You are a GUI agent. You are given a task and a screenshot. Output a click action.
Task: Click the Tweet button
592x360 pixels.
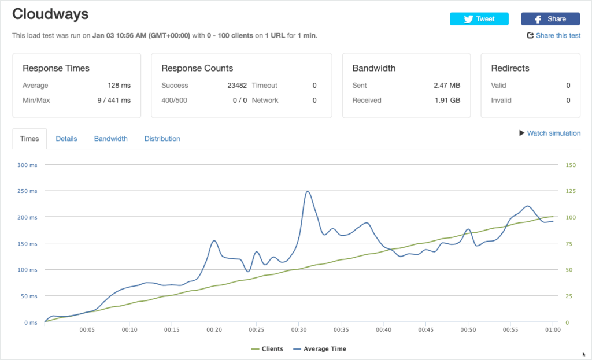pos(479,19)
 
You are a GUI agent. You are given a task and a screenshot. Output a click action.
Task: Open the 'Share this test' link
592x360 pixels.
pos(554,35)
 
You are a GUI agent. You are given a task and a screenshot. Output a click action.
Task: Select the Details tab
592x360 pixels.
pos(66,139)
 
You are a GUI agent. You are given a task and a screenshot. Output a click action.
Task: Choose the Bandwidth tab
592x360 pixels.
pos(110,139)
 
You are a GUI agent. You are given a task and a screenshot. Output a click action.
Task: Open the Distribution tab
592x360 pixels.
pos(162,139)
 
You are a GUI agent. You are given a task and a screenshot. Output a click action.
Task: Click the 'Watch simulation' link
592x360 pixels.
pos(550,133)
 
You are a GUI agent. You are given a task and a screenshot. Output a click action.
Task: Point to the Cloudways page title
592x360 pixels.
pos(50,14)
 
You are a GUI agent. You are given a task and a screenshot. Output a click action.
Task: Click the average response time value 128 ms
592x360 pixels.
pos(119,86)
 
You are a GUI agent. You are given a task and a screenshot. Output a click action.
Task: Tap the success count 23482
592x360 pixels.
pos(237,86)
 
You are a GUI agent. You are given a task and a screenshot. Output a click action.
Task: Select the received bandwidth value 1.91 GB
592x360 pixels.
pos(447,101)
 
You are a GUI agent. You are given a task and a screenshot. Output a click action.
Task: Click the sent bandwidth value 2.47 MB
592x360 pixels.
pos(447,86)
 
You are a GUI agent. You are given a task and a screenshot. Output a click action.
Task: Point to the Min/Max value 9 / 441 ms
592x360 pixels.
pos(114,101)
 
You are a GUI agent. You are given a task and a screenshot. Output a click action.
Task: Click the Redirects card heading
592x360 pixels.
pos(510,68)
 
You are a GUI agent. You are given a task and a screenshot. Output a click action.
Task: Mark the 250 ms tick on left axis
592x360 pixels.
pos(27,191)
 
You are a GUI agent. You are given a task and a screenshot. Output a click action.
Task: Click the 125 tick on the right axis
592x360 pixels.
pos(571,191)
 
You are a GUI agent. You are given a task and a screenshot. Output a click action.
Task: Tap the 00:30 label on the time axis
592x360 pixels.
pos(299,330)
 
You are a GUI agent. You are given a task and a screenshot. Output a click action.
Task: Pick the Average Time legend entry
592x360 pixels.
pos(320,349)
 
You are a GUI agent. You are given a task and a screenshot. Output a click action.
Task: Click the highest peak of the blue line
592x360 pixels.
pos(308,191)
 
